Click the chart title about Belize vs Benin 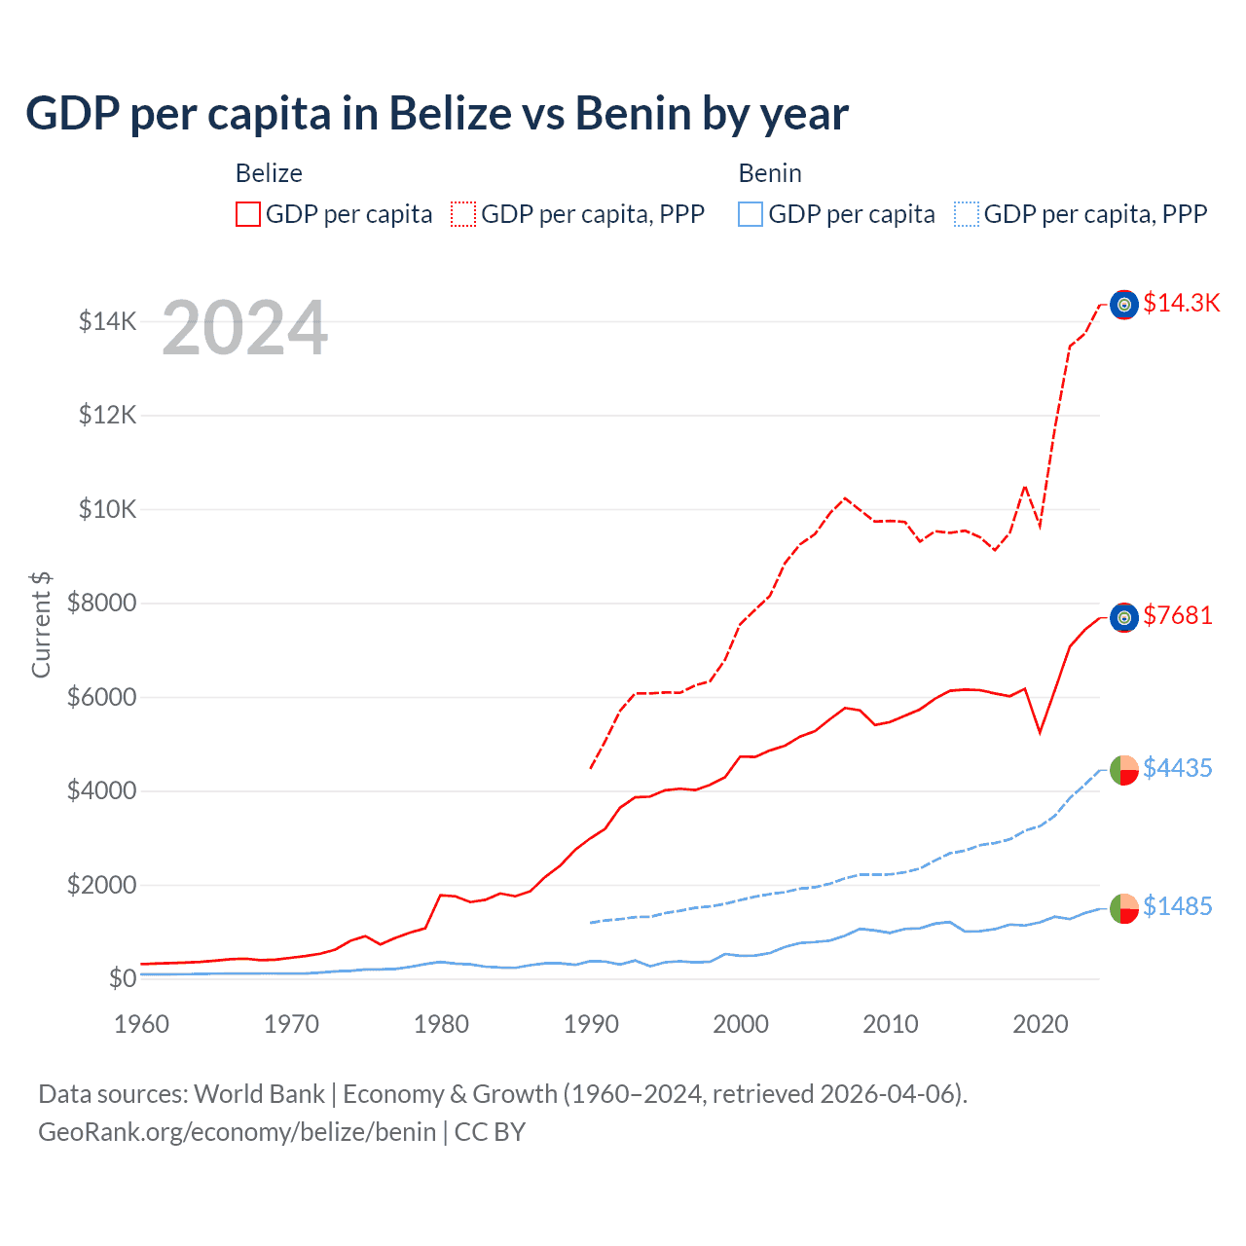437,114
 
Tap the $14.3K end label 1181,303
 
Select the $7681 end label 1178,615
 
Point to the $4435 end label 1178,768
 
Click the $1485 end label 1178,906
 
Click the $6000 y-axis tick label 101,697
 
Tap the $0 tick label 122,978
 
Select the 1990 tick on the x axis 591,1024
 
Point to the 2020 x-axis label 1041,1024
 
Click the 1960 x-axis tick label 142,1024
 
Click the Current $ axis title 41,624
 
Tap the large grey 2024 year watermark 245,328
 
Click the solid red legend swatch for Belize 248,214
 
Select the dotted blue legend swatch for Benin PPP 967,214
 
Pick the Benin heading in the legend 770,173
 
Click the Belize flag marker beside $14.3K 1124,305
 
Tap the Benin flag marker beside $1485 1124,908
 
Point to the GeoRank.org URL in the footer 237,1132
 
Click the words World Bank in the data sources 259,1094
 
